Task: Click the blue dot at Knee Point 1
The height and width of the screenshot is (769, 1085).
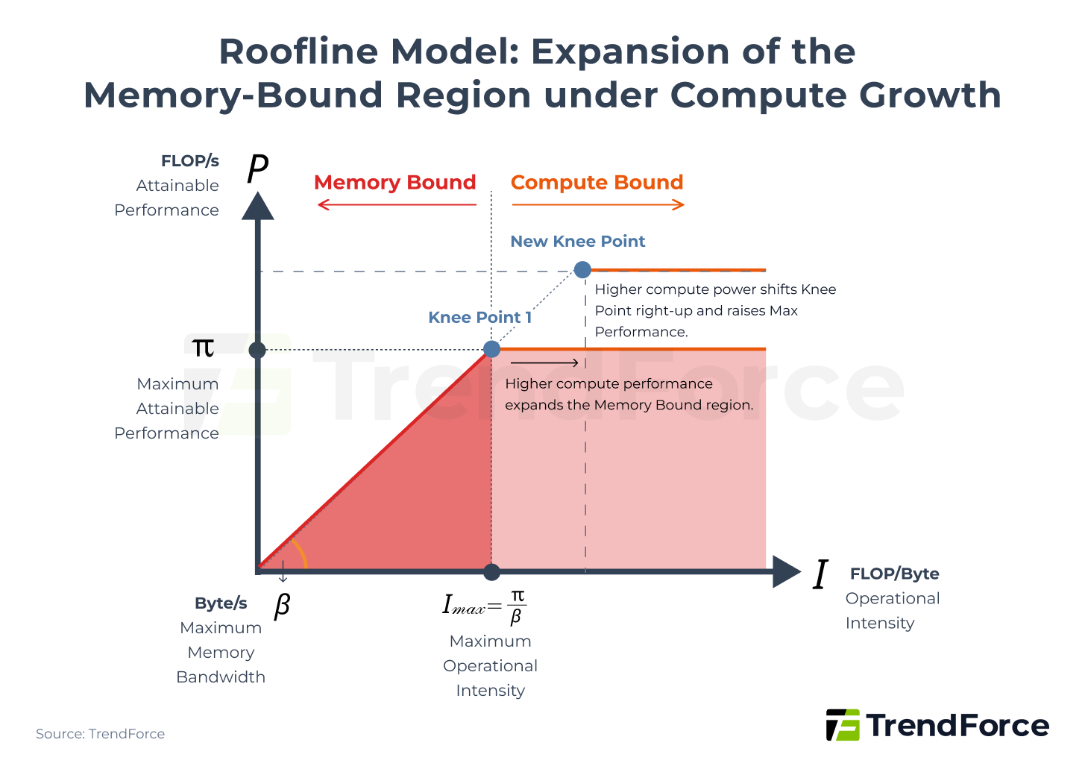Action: tap(491, 349)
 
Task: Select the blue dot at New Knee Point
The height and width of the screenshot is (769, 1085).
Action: tap(582, 270)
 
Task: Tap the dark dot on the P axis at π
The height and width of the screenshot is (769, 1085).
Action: tap(257, 350)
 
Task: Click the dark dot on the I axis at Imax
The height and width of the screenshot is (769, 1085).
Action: tap(491, 572)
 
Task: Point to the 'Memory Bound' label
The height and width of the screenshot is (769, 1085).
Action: tap(394, 183)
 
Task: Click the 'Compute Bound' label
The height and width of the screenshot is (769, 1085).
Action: tap(597, 183)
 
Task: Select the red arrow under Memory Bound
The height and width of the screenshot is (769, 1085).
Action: tap(396, 204)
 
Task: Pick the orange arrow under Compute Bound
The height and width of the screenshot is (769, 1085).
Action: tap(597, 204)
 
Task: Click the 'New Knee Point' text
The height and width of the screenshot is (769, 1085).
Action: tap(577, 242)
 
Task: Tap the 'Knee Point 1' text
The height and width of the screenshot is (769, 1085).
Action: tap(479, 318)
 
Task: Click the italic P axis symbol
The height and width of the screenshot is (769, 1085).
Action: tap(257, 169)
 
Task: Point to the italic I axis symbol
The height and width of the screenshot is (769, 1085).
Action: tap(820, 575)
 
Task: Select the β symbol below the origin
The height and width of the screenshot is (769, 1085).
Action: tap(282, 605)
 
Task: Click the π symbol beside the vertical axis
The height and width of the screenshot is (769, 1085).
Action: tap(203, 348)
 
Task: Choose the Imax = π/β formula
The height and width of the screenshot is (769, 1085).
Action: tap(485, 606)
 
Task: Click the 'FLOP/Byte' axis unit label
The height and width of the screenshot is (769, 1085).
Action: tap(894, 574)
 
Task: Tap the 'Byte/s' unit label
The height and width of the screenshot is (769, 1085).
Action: tap(221, 603)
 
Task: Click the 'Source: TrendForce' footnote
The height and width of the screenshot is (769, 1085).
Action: tap(100, 734)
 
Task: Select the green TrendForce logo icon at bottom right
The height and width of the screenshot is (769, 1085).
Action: tap(843, 725)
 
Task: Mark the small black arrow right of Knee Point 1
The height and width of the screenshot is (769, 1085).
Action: tap(544, 363)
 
